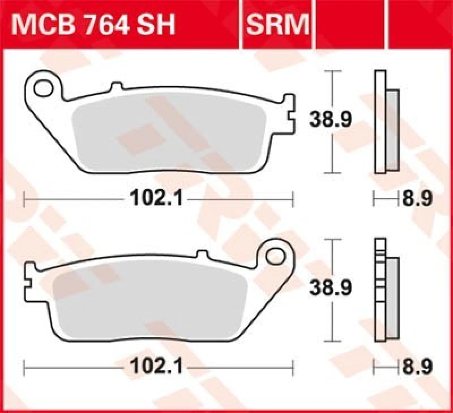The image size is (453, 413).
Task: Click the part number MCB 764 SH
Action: click(x=93, y=24)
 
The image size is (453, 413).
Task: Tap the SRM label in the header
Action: click(x=277, y=24)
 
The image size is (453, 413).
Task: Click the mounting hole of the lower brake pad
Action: click(x=275, y=253)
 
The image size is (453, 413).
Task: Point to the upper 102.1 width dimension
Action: click(x=156, y=197)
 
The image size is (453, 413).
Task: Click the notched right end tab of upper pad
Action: click(x=291, y=115)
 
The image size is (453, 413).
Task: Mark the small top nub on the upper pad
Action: click(x=117, y=86)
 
